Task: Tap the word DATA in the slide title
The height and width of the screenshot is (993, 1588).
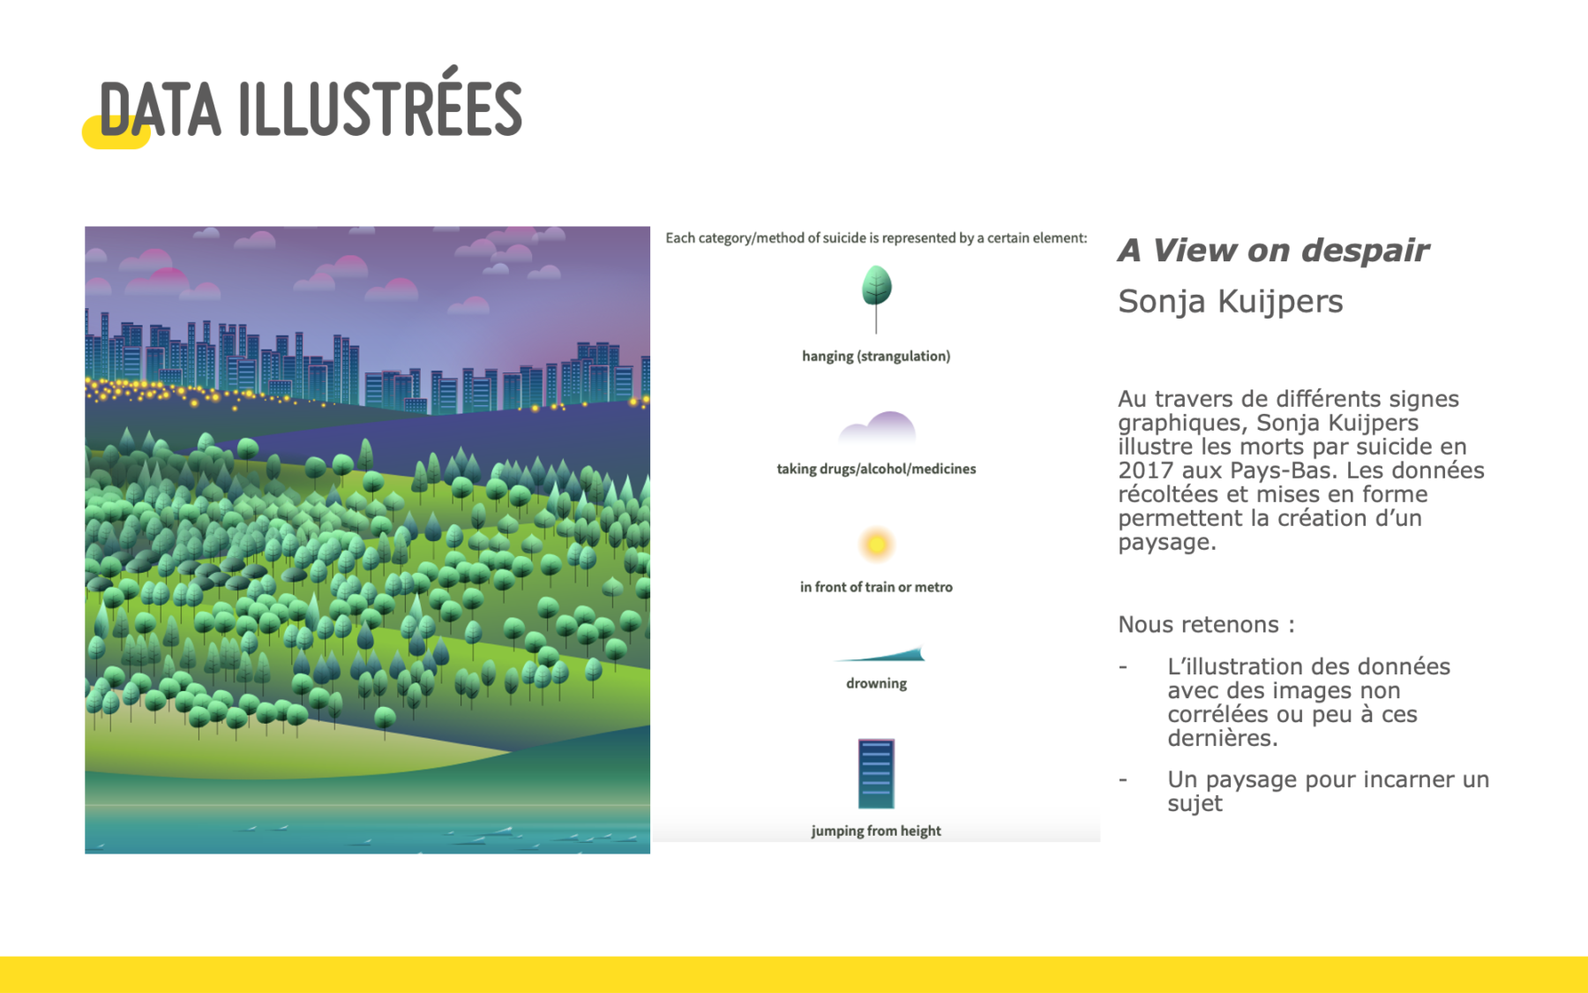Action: tap(160, 111)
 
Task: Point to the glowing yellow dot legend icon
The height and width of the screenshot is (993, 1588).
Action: tap(876, 544)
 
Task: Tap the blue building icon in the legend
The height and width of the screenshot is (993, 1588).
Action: tap(876, 774)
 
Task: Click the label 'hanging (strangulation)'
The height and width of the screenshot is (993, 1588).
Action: tap(876, 356)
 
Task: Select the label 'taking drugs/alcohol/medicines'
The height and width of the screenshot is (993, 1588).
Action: tap(876, 469)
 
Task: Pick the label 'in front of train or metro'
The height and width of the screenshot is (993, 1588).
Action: tap(876, 587)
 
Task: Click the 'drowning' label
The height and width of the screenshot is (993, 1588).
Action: tap(876, 683)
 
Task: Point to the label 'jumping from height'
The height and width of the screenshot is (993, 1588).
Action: tap(876, 831)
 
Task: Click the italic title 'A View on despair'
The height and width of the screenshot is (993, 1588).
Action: tap(1273, 251)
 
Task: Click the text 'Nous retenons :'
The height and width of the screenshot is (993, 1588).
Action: tap(1206, 625)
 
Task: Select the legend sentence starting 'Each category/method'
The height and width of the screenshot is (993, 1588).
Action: tap(876, 238)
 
